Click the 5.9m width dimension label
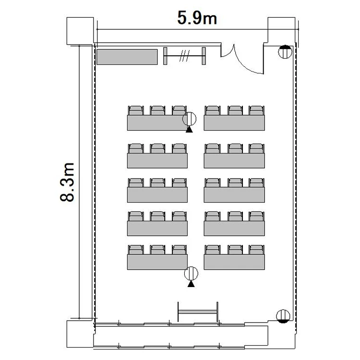pos(197,18)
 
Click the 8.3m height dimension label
pos(67,182)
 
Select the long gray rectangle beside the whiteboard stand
pos(127,57)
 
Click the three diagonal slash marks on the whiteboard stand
pos(185,56)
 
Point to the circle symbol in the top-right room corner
pos(285,52)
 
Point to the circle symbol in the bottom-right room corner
pos(283,316)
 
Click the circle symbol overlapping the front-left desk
pos(189,119)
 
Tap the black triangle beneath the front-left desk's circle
pos(189,130)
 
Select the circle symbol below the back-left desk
pos(191,274)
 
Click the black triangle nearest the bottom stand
pos(191,284)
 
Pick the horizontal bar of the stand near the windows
pos(197,312)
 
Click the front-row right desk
pos(234,123)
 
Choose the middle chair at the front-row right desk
pos(235,110)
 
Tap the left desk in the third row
pos(157,195)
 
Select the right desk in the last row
pos(234,262)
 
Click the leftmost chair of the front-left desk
pos(136,110)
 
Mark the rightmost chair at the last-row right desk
pos(256,250)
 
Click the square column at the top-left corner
pos(80,31)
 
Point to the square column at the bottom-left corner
pos(80,334)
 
